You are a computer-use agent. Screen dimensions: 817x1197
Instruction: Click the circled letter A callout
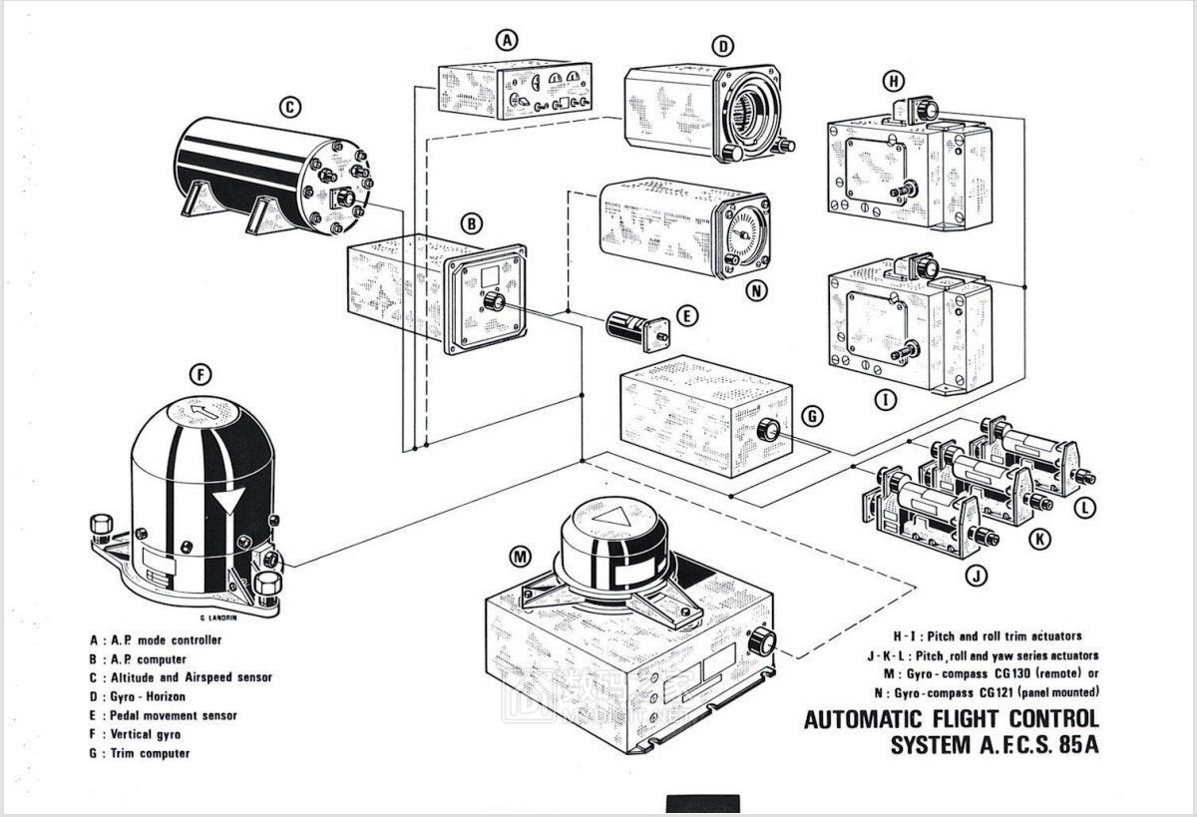pos(509,41)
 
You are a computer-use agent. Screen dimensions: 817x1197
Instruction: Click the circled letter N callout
pos(758,292)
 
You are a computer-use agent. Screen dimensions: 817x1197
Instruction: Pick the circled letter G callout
pos(812,413)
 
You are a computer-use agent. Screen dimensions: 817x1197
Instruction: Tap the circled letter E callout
pos(684,315)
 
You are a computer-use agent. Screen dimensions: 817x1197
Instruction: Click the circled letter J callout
pos(978,575)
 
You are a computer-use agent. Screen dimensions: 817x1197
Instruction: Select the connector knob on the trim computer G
pos(769,431)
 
